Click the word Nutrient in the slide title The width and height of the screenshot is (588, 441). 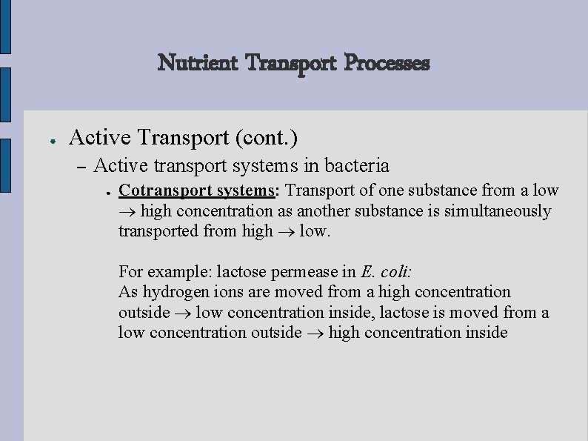click(x=198, y=64)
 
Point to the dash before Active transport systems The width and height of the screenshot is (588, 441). click(x=81, y=165)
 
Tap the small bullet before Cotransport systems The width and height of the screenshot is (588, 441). click(x=108, y=192)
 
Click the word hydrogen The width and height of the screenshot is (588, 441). click(x=176, y=292)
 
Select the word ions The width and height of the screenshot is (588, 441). click(x=229, y=292)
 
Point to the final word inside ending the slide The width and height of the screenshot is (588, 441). click(x=487, y=332)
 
